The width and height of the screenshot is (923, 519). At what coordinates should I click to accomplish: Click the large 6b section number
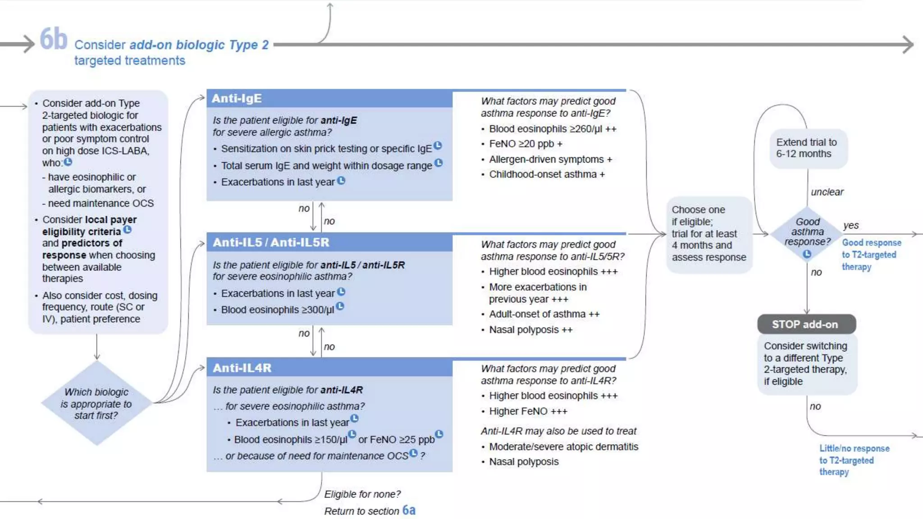[x=53, y=39]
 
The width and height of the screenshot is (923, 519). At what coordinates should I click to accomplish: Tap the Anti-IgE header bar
[x=329, y=99]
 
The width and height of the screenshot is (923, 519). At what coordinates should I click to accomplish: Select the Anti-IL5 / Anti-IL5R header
[x=329, y=242]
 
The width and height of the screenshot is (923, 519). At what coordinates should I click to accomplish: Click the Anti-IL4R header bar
[x=329, y=368]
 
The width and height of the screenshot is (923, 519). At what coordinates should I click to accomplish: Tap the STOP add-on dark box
[x=806, y=324]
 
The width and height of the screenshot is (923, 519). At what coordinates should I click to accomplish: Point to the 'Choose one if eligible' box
[x=708, y=234]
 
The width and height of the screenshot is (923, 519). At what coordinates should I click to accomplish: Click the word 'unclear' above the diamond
[x=827, y=192]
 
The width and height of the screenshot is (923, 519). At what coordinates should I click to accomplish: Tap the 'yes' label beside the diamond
[x=851, y=225]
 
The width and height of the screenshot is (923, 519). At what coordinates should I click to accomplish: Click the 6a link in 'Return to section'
[x=409, y=510]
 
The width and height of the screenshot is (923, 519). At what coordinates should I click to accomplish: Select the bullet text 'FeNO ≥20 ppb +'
[x=525, y=144]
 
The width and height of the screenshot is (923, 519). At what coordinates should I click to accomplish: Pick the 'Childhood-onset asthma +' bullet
[x=547, y=174]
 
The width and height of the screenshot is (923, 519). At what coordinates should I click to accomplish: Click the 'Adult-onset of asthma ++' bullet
[x=544, y=314]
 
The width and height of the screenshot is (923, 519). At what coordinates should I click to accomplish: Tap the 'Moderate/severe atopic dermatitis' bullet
[x=563, y=446]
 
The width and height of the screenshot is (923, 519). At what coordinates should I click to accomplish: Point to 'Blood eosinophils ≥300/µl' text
[x=277, y=310]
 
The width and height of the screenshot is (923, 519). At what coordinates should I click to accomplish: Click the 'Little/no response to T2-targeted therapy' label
[x=854, y=460]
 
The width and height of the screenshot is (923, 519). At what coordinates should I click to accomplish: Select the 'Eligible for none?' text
[x=362, y=494]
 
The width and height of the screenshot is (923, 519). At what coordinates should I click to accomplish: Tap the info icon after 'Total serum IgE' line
[x=439, y=163]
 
